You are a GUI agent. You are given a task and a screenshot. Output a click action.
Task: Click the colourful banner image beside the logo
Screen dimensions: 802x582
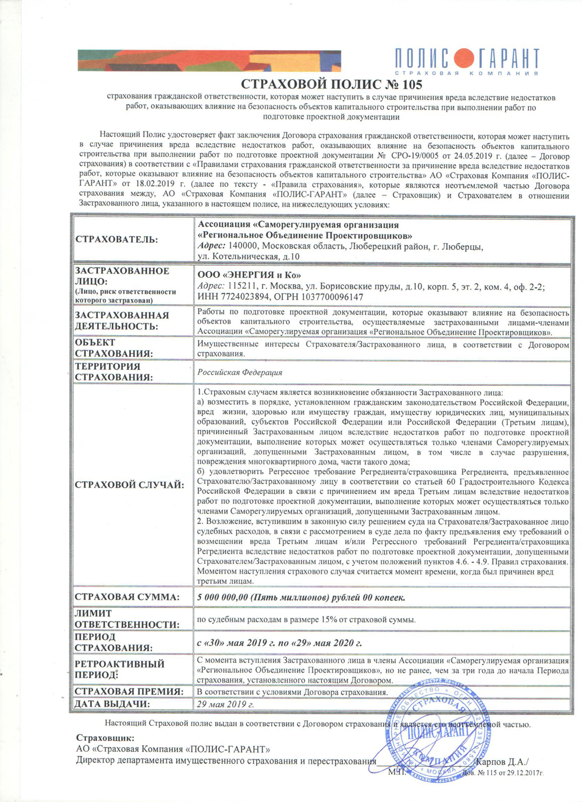(210, 61)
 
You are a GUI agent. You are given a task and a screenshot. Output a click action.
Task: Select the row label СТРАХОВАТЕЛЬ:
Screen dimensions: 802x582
(116, 240)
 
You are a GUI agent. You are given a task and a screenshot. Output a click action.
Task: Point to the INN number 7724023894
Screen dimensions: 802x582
(243, 296)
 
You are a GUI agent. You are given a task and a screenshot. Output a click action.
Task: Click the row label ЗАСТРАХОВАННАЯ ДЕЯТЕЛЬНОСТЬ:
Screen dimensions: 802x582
(122, 320)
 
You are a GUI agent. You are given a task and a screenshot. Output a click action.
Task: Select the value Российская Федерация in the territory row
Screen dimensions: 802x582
(240, 372)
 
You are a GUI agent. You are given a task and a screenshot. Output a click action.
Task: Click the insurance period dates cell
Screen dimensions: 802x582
(279, 643)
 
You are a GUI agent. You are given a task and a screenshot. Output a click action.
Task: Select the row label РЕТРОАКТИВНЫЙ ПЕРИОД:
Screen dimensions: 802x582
(119, 669)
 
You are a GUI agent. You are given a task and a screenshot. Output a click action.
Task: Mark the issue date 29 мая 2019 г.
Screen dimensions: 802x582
(225, 704)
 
